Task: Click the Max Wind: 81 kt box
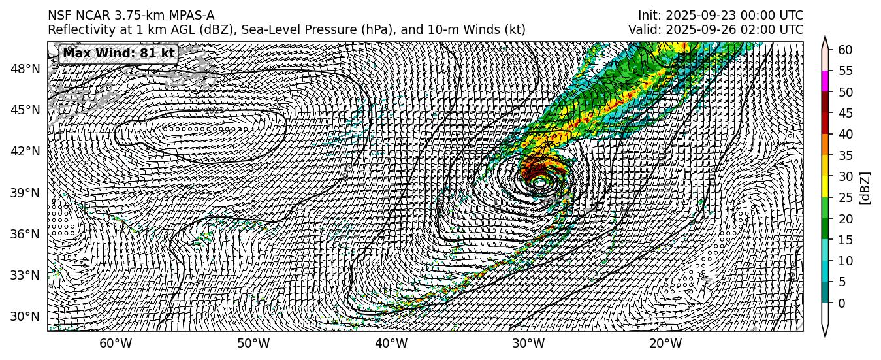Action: click(x=119, y=54)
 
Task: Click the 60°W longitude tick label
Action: click(x=116, y=344)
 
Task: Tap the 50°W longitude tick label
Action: click(x=253, y=344)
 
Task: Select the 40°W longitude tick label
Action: click(x=391, y=344)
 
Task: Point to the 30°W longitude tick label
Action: click(x=528, y=344)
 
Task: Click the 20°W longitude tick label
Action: click(x=666, y=344)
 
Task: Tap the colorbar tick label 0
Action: click(x=841, y=303)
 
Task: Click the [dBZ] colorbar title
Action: click(x=865, y=188)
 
